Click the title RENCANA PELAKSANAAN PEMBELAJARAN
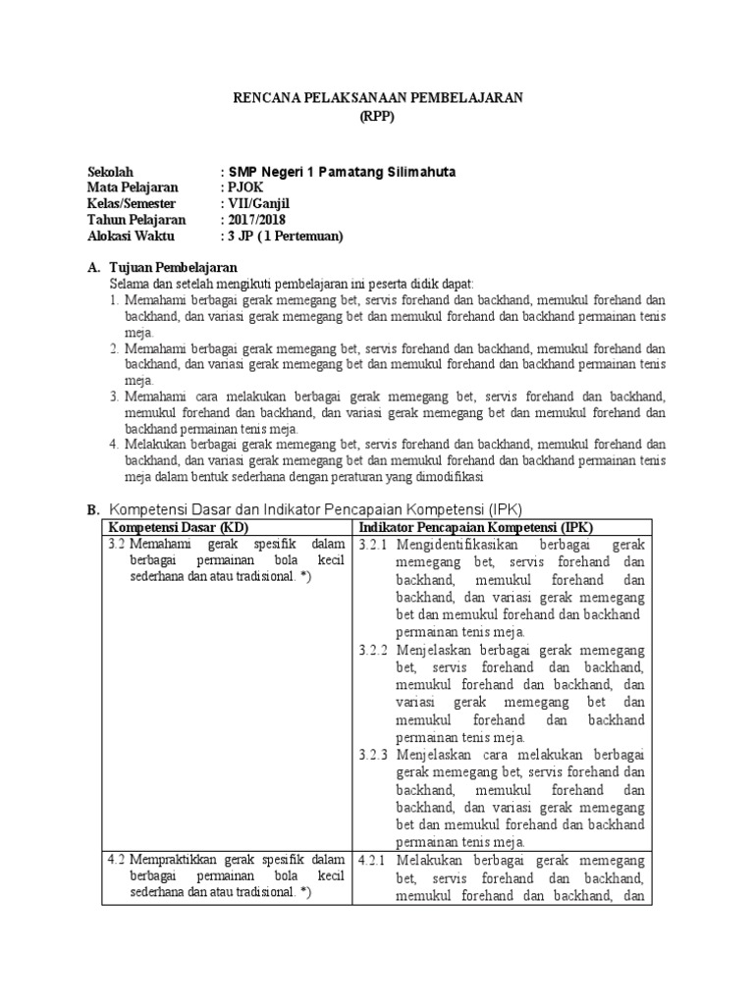376,97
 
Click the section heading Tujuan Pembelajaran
172,268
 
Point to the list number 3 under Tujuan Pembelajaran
114,396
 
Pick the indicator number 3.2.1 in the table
373,544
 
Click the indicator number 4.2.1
373,861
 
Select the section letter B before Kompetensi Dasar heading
92,509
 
